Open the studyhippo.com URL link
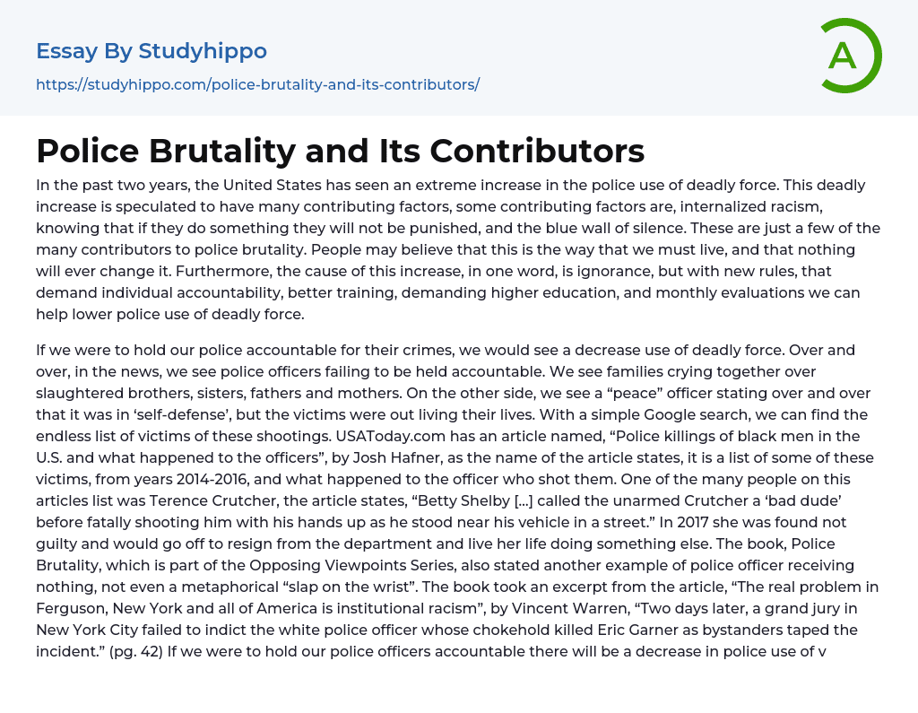pos(257,84)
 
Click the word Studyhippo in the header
pos(203,51)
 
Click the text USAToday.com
pos(389,436)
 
